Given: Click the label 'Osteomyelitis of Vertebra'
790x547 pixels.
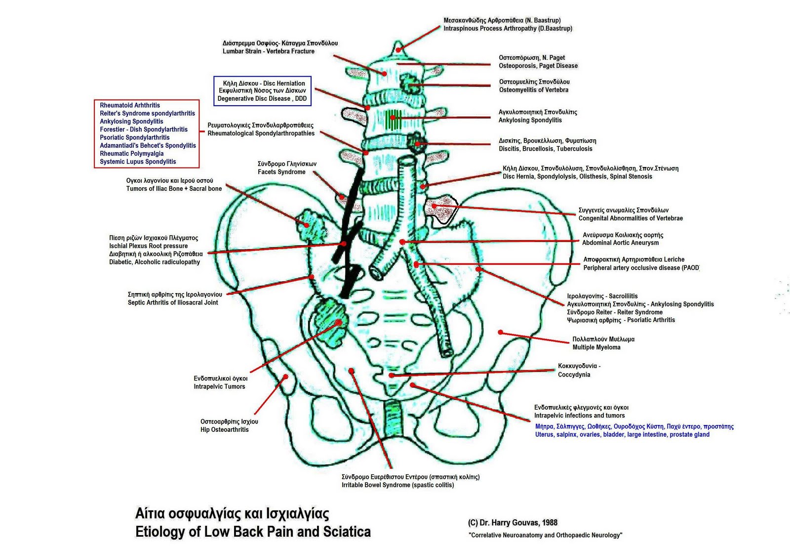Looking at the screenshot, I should tap(533, 90).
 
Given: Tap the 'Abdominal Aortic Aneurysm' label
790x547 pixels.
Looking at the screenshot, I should tap(620, 243).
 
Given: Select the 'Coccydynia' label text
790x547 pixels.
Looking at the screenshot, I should tap(574, 375).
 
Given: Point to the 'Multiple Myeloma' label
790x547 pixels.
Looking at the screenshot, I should tap(596, 347).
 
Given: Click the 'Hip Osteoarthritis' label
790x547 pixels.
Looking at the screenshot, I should tap(225, 429).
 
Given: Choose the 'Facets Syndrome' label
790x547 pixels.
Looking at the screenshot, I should tap(281, 172).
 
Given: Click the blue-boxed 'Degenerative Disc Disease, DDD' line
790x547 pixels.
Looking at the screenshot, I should tap(262, 98).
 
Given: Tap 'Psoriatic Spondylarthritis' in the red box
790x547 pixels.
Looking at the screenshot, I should tap(135, 137).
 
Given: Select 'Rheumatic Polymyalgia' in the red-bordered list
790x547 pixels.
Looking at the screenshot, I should tap(132, 154).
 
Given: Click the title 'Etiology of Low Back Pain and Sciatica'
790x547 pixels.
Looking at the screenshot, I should tap(253, 532).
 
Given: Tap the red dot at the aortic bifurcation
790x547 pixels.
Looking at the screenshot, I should tap(402, 242).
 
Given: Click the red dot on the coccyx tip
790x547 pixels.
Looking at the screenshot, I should tap(391, 376).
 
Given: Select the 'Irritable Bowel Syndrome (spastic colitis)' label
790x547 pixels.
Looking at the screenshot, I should tap(397, 485).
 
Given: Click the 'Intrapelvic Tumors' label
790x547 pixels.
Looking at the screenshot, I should tap(219, 386).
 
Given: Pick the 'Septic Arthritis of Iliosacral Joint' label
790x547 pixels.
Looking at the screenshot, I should tap(173, 302).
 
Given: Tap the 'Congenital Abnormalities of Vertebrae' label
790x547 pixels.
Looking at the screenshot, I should tap(631, 218).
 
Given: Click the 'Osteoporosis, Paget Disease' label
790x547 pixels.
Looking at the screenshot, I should tap(538, 66).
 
